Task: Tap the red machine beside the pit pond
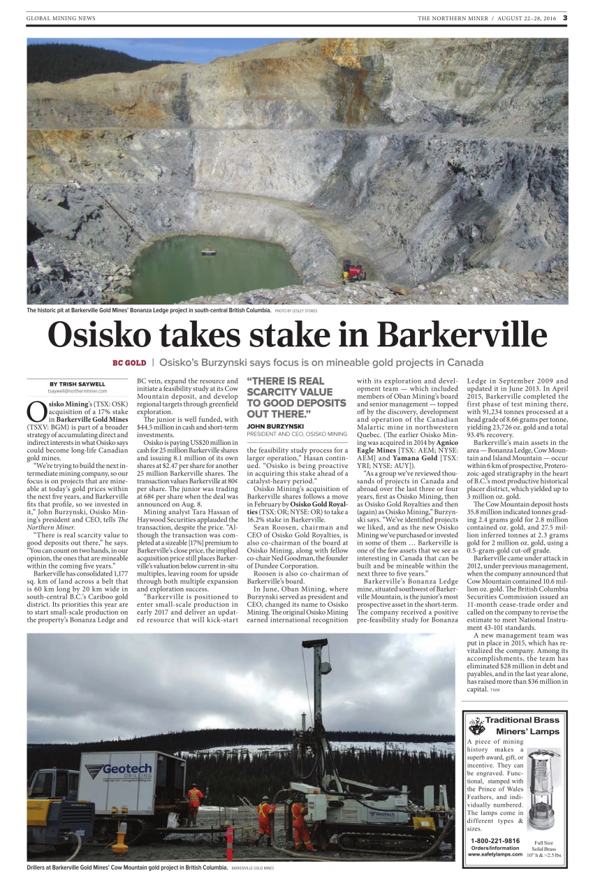[353, 270]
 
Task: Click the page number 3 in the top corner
[565, 18]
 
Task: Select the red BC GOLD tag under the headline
[129, 362]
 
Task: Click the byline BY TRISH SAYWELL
[78, 383]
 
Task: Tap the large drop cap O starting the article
[38, 411]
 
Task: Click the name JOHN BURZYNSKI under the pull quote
[275, 425]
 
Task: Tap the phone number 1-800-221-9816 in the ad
[495, 840]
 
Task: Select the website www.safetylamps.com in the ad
[495, 853]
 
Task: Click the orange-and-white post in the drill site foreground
[229, 843]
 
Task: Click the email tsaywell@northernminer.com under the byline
[78, 391]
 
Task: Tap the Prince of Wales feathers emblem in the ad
[477, 725]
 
